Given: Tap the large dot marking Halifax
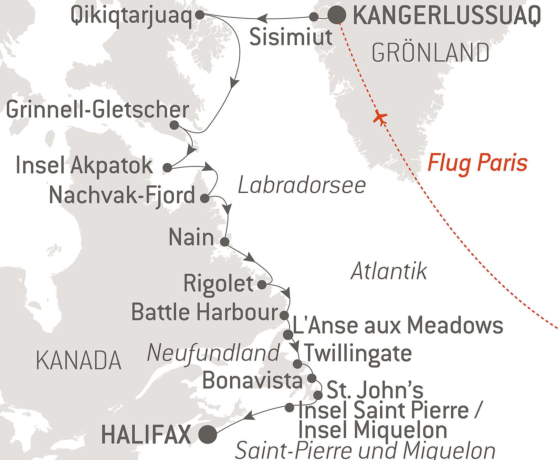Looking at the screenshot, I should tap(207, 434).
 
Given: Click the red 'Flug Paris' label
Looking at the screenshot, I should tap(477, 163).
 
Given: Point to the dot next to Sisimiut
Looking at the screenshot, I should tap(314, 17).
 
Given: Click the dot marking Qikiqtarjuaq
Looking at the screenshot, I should tap(200, 15).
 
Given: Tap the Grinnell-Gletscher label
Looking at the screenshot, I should tap(98, 110).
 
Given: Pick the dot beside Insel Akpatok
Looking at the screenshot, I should tap(167, 167).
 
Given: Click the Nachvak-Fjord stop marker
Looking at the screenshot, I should tap(205, 198).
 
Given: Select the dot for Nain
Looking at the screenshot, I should tap(224, 241).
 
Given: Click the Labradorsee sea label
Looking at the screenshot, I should tap(302, 186).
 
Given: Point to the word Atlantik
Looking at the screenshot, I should tap(389, 271).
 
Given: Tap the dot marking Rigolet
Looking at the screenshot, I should tap(262, 284).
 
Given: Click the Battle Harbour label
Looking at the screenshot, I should tap(205, 312).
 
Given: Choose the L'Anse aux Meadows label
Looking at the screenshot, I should tap(397, 325).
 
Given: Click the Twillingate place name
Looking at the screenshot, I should tap(358, 353).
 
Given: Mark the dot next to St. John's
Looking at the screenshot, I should tap(318, 395).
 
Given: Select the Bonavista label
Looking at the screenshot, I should tap(252, 380).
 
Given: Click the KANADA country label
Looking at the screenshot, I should tap(79, 360).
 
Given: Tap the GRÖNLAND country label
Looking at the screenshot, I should tap(430, 53).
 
